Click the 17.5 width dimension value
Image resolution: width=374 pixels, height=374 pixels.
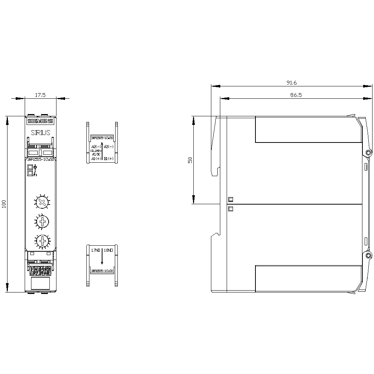coord(40,95)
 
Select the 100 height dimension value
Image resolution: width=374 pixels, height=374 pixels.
coord(4,204)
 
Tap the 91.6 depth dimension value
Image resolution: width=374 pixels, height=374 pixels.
coord(291,83)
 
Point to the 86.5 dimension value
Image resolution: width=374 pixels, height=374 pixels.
coord(295,95)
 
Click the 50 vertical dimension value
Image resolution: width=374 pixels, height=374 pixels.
coord(190,160)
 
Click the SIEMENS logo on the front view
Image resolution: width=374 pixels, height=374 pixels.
coord(40,121)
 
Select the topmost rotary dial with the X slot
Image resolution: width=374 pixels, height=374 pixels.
coord(43,203)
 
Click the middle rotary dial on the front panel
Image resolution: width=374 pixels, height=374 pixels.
coord(43,222)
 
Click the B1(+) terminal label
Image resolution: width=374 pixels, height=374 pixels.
coord(109,159)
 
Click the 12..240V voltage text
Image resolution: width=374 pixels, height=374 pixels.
coord(96,150)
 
